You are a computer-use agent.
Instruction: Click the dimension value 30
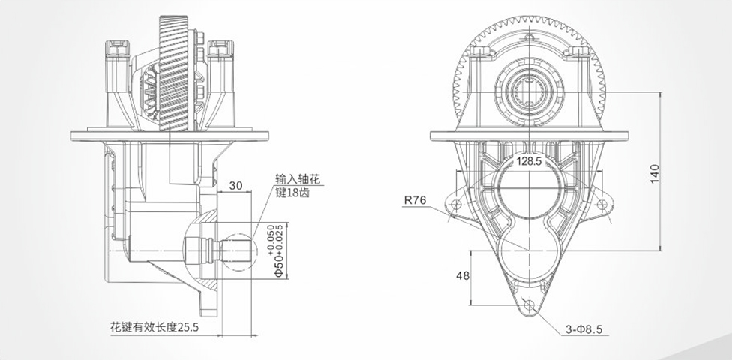[236, 186]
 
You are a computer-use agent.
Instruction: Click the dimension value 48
[463, 275]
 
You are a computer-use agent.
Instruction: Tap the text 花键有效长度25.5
[154, 328]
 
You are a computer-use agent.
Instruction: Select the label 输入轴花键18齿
[298, 187]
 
